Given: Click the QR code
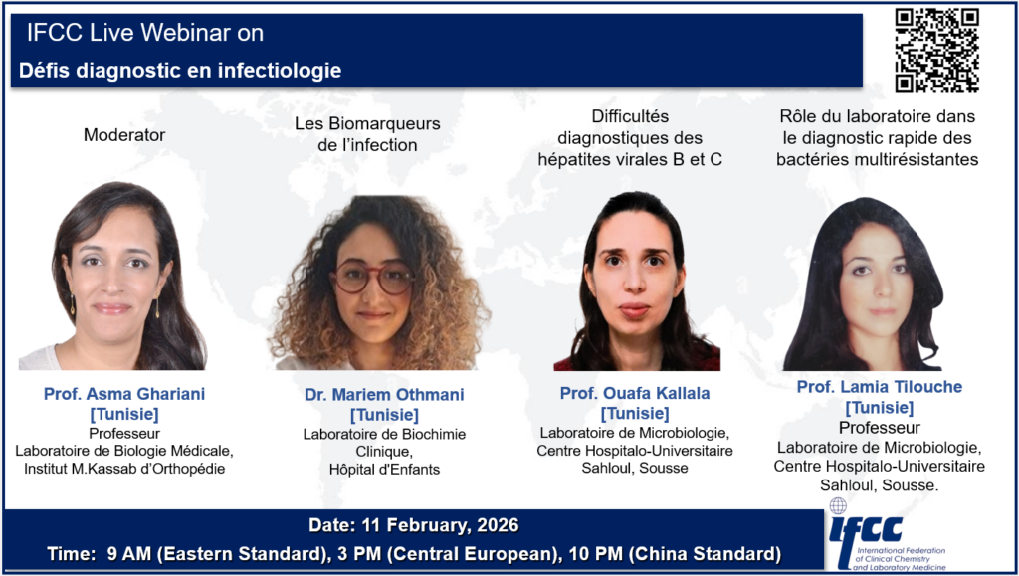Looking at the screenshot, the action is click(x=936, y=50).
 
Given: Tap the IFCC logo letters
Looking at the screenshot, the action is click(x=866, y=530).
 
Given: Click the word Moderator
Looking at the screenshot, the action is click(x=124, y=135).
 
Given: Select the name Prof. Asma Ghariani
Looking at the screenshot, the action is click(x=124, y=394).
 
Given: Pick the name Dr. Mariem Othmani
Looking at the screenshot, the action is click(x=384, y=395).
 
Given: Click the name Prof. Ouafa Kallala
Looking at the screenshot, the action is click(x=635, y=393).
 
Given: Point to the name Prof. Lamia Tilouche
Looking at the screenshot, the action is click(x=880, y=387).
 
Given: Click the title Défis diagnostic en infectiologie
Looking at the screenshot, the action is click(x=180, y=70).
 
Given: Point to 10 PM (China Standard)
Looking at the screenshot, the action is click(x=675, y=554).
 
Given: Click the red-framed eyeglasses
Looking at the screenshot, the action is click(x=373, y=278).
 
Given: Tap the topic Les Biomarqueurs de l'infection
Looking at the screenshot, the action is click(x=367, y=134).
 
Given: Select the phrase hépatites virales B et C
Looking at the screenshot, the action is click(x=630, y=159).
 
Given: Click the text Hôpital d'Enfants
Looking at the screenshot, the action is click(x=384, y=469).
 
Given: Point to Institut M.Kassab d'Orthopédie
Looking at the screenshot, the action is click(x=124, y=468).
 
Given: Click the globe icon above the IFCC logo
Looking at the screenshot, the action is click(x=838, y=506).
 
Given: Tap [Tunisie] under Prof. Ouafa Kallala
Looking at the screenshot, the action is click(x=635, y=414).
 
